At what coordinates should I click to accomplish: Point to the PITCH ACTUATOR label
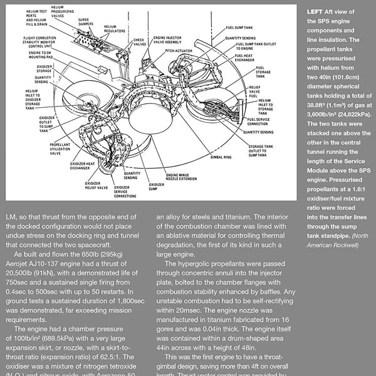tap(179, 51)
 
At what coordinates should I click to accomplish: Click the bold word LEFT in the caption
tap(316, 12)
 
